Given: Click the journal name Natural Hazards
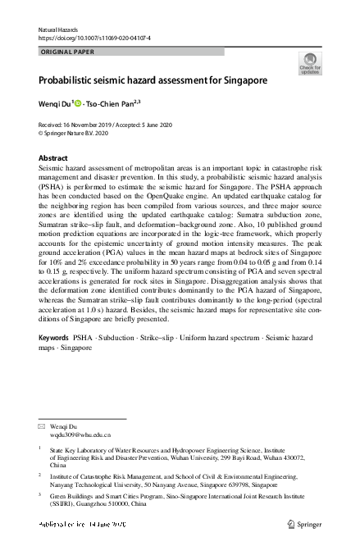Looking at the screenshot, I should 59,30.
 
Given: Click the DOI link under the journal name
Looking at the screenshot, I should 94,38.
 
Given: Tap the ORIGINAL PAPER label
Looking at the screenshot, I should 68,52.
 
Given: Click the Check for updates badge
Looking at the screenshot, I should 312,63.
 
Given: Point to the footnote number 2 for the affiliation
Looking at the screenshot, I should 41,474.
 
